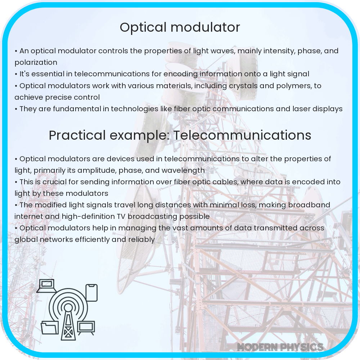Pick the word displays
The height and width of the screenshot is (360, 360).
pyautogui.click(x=327, y=109)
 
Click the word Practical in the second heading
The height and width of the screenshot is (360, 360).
pyautogui.click(x=77, y=135)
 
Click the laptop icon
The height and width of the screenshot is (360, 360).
pyautogui.click(x=45, y=286)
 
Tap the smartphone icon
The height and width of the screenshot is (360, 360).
pyautogui.click(x=91, y=292)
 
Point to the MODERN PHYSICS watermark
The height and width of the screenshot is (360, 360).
pyautogui.click(x=280, y=347)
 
